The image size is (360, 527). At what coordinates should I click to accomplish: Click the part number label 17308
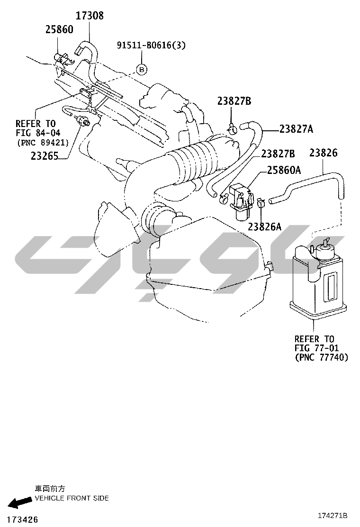pos(90,16)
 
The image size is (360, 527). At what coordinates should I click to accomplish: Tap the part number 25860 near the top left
pos(59,29)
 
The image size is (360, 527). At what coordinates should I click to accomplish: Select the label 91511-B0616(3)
pos(151,45)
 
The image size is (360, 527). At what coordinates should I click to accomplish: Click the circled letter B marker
pos(142,70)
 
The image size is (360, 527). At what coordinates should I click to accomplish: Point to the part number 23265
pos(45,155)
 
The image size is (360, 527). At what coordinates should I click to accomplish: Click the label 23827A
pos(296,129)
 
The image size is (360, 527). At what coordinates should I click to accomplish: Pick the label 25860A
pos(284,171)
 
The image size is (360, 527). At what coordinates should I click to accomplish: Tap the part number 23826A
pos(265,227)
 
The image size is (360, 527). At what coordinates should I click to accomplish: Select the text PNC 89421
pos(43,143)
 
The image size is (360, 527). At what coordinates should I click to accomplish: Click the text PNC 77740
pos(322,357)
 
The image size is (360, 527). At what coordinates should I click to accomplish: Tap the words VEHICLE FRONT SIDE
pos(72,498)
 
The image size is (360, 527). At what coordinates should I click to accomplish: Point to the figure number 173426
pos(23,519)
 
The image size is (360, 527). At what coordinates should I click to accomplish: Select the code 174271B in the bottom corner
pos(333,516)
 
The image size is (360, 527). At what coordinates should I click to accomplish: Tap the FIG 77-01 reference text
pos(317,348)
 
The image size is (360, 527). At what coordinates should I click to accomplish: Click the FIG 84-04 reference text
pos(38,133)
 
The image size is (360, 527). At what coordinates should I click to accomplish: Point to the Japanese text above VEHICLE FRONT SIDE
pos(50,489)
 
